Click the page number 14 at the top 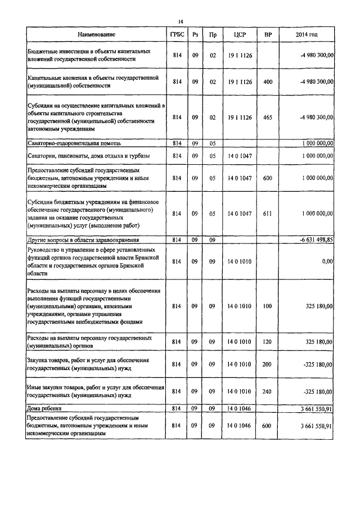click(x=181, y=21)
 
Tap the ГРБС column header click(x=177, y=35)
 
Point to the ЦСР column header click(x=238, y=35)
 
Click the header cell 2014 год click(x=307, y=35)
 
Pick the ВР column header click(x=268, y=35)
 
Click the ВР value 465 click(x=268, y=117)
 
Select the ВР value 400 click(x=268, y=82)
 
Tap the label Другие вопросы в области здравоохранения click(x=83, y=240)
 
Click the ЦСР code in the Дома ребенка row click(x=238, y=407)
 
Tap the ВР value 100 click(x=268, y=306)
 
